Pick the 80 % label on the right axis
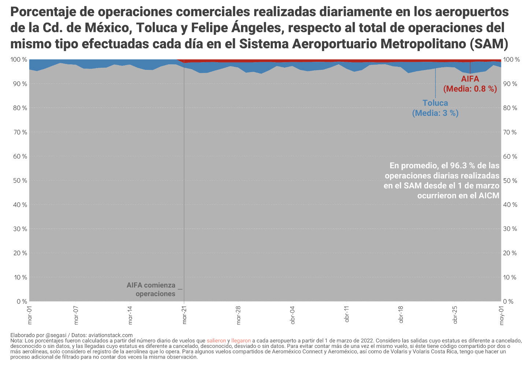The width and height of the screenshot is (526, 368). pos(510,108)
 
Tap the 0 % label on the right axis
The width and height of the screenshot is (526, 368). pos(509,302)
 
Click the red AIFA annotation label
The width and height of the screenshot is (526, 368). pos(470,79)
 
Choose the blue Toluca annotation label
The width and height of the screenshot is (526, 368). pos(435,103)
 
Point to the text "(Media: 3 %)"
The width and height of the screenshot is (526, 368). pos(435,113)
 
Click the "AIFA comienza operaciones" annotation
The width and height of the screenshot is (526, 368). pos(151,289)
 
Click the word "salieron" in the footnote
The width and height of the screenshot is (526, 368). pos(216,341)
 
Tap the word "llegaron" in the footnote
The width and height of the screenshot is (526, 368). pos(241,341)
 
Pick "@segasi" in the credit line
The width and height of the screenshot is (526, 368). pos(56,335)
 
